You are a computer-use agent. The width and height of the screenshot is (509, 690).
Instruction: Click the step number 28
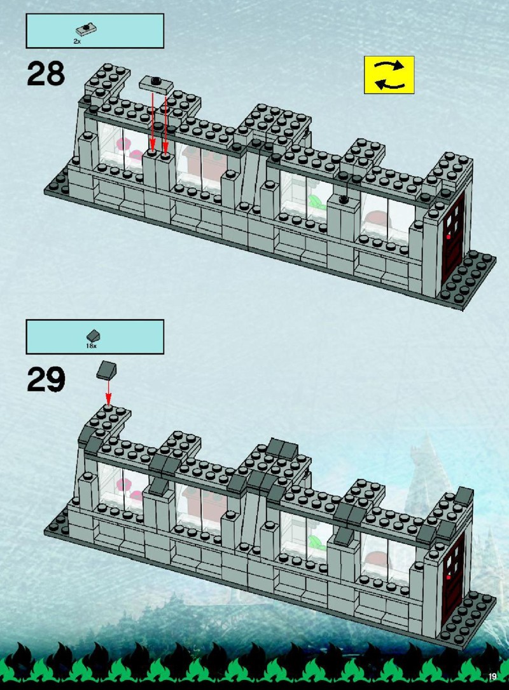(x=46, y=74)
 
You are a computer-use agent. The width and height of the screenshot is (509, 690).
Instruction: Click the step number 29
(x=46, y=379)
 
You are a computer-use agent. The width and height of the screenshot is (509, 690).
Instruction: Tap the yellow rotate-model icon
(x=389, y=75)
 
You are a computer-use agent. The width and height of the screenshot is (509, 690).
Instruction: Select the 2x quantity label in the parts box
(x=77, y=41)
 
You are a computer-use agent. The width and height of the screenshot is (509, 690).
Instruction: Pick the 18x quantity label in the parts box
(x=91, y=346)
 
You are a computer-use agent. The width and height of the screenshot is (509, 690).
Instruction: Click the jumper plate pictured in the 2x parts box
(x=86, y=30)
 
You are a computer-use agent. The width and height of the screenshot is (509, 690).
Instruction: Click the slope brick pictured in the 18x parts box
(x=93, y=336)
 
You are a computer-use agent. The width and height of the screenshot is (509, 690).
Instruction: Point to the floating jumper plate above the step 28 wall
(x=157, y=84)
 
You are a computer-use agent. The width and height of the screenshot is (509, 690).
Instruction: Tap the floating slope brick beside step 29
(x=107, y=370)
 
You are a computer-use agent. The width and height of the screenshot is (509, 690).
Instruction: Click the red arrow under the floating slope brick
(x=108, y=392)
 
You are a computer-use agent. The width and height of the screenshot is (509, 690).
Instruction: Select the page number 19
(x=492, y=677)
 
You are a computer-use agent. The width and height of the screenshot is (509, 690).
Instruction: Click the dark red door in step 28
(x=453, y=238)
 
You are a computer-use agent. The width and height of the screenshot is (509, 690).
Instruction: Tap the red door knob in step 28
(x=448, y=237)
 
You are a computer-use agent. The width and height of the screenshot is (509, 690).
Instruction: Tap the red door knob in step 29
(x=448, y=577)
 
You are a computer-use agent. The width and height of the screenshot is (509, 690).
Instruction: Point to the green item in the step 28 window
(x=316, y=202)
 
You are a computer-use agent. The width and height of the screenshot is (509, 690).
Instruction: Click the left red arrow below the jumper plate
(x=152, y=121)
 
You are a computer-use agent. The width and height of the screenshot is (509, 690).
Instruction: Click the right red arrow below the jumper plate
(x=165, y=124)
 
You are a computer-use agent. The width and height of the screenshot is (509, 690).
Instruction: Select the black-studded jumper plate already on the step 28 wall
(x=344, y=200)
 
